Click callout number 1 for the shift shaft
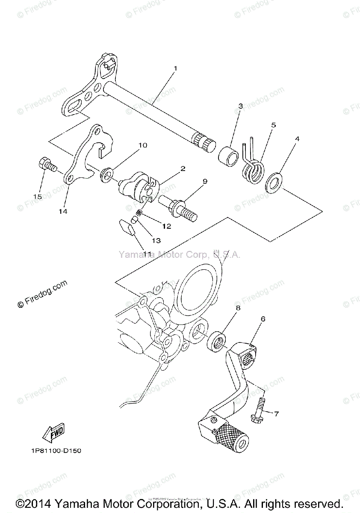(175, 68)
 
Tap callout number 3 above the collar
(241, 106)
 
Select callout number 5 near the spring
(273, 125)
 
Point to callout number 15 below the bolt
(37, 196)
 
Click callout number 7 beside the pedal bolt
(276, 413)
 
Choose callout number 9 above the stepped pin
(205, 181)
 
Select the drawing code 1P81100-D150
(56, 451)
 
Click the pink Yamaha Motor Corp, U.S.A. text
(180, 255)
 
